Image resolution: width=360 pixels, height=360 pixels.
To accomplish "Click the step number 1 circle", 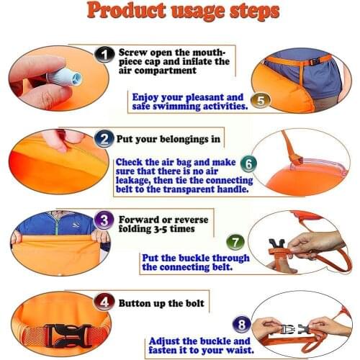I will pyautogui.click(x=106, y=55).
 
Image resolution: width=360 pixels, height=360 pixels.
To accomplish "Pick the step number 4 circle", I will pyautogui.click(x=105, y=303).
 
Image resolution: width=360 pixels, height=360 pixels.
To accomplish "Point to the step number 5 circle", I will pyautogui.click(x=261, y=101).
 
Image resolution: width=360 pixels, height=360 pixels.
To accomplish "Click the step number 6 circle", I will pyautogui.click(x=248, y=164).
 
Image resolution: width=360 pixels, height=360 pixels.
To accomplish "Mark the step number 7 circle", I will pyautogui.click(x=235, y=242).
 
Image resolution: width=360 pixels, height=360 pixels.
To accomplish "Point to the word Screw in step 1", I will pyautogui.click(x=135, y=53).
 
